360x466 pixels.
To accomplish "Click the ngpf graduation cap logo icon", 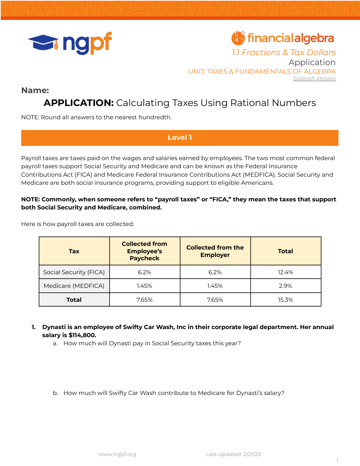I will [x=43, y=43].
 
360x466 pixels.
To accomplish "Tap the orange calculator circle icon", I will [x=238, y=38].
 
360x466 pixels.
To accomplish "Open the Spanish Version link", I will [x=314, y=78].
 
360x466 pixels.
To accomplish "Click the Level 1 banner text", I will [x=180, y=138].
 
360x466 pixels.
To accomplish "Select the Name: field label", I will [x=35, y=90].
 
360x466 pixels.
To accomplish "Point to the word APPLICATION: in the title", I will [x=79, y=103].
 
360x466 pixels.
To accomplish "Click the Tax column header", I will [x=74, y=251].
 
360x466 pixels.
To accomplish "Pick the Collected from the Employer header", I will [x=215, y=251].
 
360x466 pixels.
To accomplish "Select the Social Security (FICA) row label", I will [x=74, y=272].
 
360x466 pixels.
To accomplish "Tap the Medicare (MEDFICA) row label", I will [x=74, y=286].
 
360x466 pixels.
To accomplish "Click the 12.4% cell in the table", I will [x=285, y=272].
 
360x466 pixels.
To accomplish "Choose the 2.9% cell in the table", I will [x=285, y=286].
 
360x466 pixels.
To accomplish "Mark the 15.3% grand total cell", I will [x=285, y=300].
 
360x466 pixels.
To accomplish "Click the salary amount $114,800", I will [x=82, y=335].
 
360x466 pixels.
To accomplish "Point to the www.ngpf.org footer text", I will [x=117, y=454].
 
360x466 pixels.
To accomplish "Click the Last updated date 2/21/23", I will [x=252, y=454].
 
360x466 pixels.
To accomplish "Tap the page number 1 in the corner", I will [x=337, y=461].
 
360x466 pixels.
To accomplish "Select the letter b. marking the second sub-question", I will [x=56, y=393].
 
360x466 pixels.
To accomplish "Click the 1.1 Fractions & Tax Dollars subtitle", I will [x=284, y=53].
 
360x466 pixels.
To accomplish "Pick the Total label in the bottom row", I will [x=74, y=300].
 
